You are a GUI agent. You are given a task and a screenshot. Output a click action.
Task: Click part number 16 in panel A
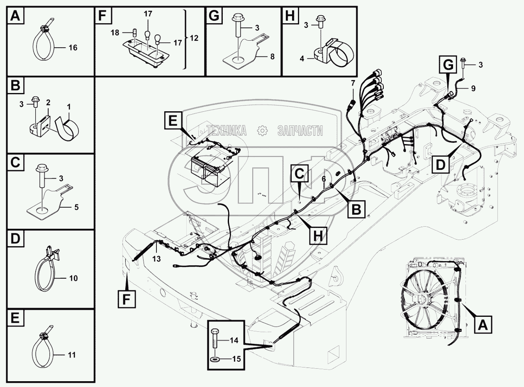coord(73,48)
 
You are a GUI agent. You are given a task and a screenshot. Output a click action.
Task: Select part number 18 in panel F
coord(115,33)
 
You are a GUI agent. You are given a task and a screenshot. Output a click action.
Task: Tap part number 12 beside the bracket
coord(194,38)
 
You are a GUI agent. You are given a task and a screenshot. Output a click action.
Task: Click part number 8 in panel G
coord(272,56)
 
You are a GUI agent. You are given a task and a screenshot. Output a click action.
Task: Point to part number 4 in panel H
coord(302,59)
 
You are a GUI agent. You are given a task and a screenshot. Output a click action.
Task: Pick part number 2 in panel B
coord(48,103)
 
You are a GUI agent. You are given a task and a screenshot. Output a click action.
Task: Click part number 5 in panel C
coord(76,207)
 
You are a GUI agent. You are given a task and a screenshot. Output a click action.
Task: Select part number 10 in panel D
coord(73,278)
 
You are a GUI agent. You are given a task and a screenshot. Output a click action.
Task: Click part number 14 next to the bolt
coord(234,340)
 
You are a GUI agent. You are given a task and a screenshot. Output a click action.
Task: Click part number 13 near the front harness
coord(156,259)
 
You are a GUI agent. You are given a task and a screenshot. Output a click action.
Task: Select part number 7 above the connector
coord(353,83)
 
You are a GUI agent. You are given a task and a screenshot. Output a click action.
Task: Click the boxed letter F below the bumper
coord(127,299)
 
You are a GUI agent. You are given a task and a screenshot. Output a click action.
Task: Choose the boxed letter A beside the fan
coord(483,325)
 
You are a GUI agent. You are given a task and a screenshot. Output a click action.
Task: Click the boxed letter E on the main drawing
coord(173,120)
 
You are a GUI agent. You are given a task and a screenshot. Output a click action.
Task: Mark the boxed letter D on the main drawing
coord(441,164)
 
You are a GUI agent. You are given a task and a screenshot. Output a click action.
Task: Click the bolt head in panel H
coord(320,18)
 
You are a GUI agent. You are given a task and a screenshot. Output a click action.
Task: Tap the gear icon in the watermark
coord(262,130)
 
